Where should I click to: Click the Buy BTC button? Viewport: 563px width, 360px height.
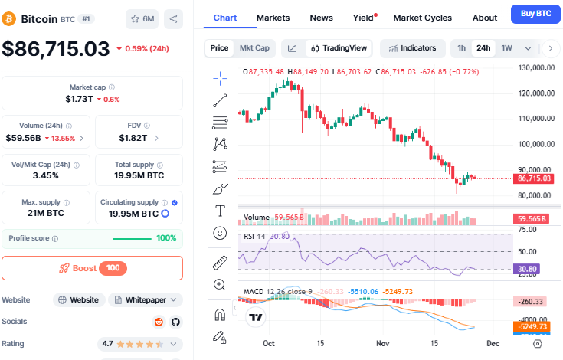(535, 14)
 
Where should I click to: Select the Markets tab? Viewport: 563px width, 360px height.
(273, 18)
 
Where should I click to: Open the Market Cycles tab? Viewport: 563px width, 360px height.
(422, 18)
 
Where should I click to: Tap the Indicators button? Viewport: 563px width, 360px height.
(412, 48)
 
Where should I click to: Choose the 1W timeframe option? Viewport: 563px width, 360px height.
(506, 48)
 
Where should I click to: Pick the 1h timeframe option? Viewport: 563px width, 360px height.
(461, 48)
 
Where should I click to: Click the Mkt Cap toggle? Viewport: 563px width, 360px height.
(254, 48)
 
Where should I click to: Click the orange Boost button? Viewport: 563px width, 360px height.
(92, 268)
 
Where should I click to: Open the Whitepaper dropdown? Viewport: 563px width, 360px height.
(146, 299)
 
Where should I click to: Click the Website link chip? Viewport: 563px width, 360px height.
(78, 299)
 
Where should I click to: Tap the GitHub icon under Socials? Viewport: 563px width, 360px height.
(175, 322)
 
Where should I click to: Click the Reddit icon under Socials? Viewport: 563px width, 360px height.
(159, 322)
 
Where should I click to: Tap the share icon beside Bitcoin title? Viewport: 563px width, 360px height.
(174, 18)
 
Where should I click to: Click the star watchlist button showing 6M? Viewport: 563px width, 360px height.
(142, 18)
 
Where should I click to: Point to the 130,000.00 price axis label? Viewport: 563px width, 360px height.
(535, 67)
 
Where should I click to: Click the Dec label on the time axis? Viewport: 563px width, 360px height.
(493, 344)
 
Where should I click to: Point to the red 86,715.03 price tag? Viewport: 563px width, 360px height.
(535, 178)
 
